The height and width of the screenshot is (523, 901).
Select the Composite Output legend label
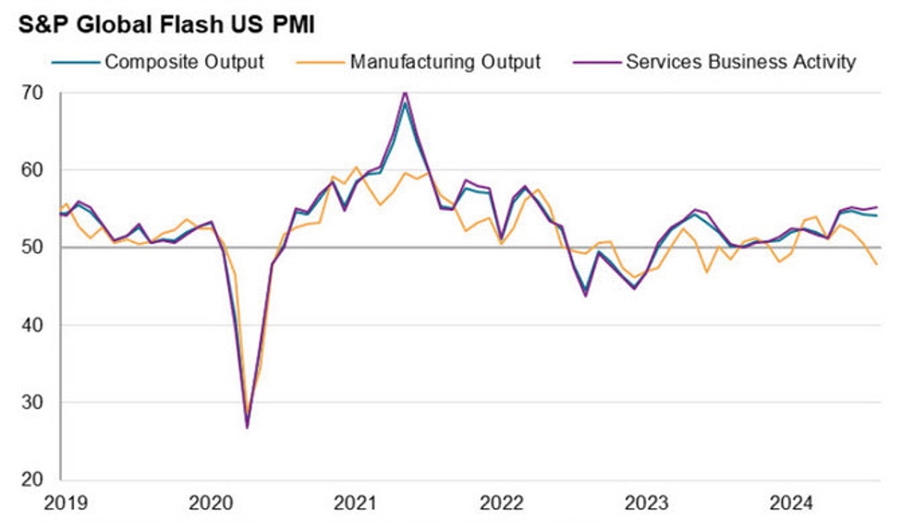coord(184,63)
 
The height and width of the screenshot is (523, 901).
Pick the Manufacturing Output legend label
coord(445,63)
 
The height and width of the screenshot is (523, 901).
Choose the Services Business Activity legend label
coord(741,63)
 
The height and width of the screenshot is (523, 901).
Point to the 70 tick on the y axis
coord(34,93)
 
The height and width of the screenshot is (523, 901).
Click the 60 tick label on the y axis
coord(34,170)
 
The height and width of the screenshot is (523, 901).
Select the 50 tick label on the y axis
coord(34,248)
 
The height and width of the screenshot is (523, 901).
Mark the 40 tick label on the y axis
coord(34,325)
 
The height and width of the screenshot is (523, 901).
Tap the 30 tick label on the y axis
coord(34,403)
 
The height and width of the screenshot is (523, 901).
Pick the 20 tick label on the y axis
coord(34,480)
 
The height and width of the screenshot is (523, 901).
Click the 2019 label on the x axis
coord(67,504)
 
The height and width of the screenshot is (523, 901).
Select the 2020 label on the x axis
coord(212,504)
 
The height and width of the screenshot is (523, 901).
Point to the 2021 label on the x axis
coord(357,504)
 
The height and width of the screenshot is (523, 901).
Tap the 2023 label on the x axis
coord(647,504)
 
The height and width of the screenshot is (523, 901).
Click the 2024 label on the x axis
coord(792,504)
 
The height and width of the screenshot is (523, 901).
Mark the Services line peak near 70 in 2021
coord(405,92)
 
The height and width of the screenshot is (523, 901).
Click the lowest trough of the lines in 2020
coord(248,427)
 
